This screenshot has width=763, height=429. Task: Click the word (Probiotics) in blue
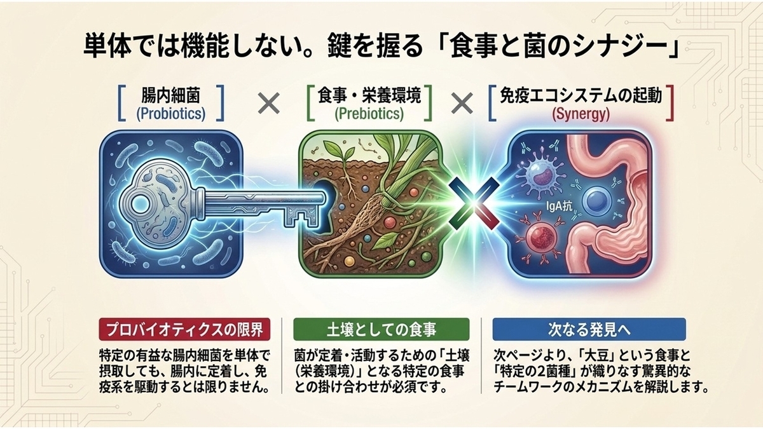pyautogui.click(x=171, y=114)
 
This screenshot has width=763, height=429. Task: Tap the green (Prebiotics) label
pyautogui.click(x=369, y=114)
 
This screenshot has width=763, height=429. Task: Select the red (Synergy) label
pyautogui.click(x=581, y=114)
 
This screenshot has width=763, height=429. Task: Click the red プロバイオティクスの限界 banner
pyautogui.click(x=184, y=330)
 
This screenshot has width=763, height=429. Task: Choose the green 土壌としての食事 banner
pyautogui.click(x=381, y=330)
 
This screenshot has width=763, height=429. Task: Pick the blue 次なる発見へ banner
pyautogui.click(x=589, y=330)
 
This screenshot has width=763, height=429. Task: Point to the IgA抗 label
pyautogui.click(x=559, y=207)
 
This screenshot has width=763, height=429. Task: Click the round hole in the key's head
pyautogui.click(x=140, y=203)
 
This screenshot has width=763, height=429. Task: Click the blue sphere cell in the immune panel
pyautogui.click(x=596, y=202)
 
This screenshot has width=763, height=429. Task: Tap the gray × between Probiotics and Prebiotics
pyautogui.click(x=269, y=103)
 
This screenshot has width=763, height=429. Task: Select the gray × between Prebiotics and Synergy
pyautogui.click(x=462, y=103)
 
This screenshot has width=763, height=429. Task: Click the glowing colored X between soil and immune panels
pyautogui.click(x=474, y=203)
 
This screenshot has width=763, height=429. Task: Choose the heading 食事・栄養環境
pyautogui.click(x=369, y=95)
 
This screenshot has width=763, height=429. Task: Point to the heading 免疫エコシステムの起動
pyautogui.click(x=581, y=95)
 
